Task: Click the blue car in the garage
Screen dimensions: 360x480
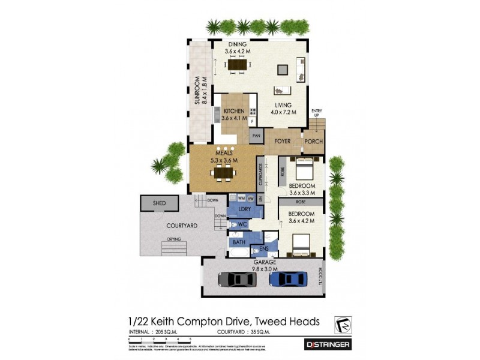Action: click(x=284, y=280)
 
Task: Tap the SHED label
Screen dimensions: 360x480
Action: click(x=159, y=203)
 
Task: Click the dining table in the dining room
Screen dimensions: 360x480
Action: click(x=238, y=65)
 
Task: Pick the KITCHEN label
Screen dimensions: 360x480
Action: click(x=233, y=111)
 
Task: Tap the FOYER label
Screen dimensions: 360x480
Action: click(x=283, y=142)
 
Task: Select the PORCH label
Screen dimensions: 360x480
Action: click(x=313, y=142)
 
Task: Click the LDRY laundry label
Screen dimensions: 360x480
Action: click(x=244, y=209)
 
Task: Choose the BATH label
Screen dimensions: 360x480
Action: click(x=239, y=242)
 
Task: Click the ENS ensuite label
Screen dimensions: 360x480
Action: click(x=263, y=247)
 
